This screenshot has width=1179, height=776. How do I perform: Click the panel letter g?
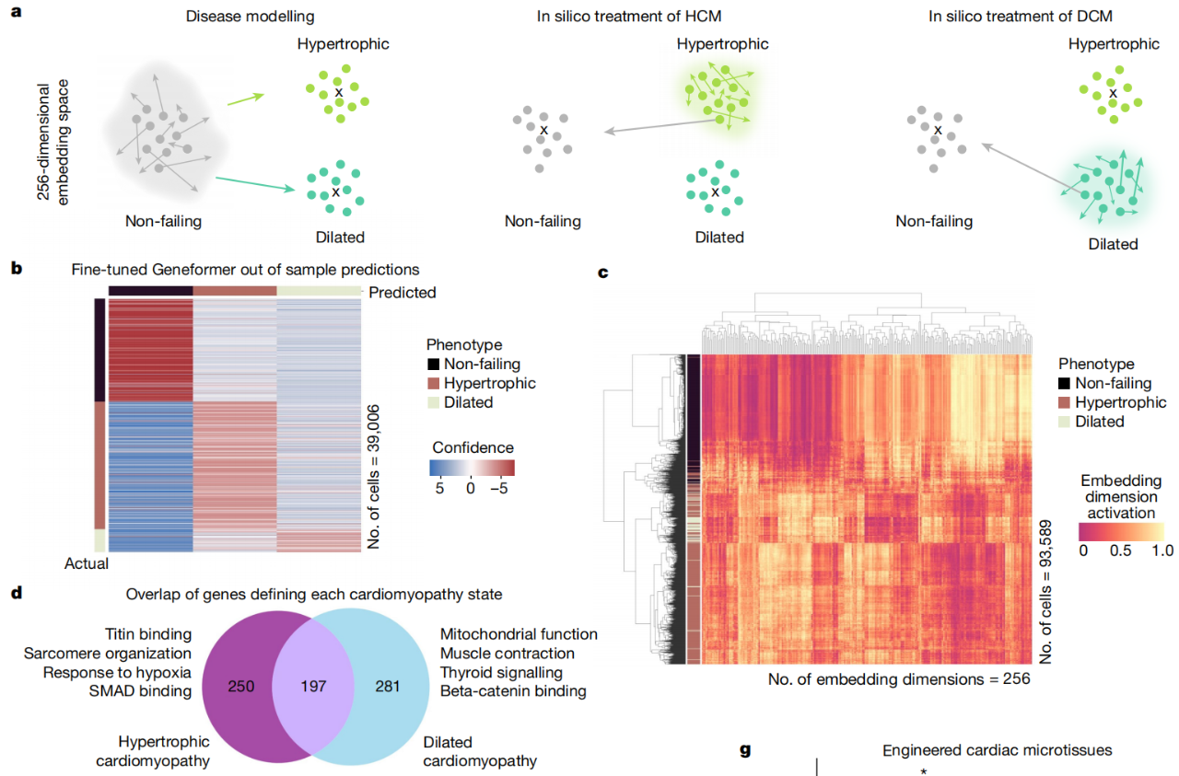click(x=745, y=750)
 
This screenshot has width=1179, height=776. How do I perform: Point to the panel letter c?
click(x=603, y=272)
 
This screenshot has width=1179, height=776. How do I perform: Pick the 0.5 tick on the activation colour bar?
click(x=1121, y=550)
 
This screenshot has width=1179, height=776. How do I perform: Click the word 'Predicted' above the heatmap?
click(x=403, y=293)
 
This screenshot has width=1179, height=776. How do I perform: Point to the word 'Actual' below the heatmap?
click(x=86, y=563)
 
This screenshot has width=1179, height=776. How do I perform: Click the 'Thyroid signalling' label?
click(x=499, y=672)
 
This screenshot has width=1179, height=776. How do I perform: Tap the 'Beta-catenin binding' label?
click(x=513, y=691)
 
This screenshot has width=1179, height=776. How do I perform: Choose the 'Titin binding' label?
click(x=147, y=634)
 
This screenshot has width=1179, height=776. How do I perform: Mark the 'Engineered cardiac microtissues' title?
click(x=997, y=750)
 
